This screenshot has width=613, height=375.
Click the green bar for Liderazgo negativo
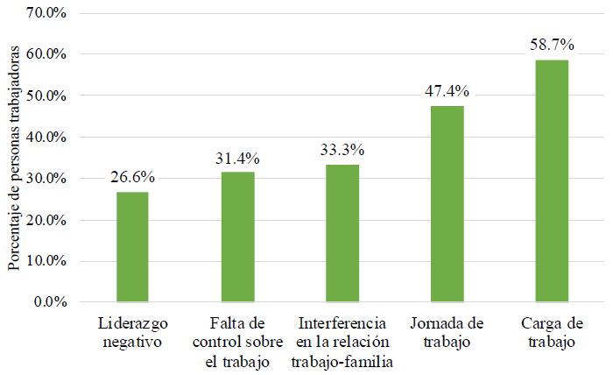(x=132, y=247)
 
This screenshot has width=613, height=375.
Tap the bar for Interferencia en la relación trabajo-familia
(x=342, y=233)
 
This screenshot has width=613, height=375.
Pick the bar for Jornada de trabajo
(x=447, y=204)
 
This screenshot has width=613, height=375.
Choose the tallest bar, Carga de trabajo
(x=552, y=180)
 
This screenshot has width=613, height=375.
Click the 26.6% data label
(x=132, y=178)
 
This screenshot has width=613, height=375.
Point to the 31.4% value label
(x=237, y=159)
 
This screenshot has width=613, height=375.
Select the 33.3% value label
(x=342, y=150)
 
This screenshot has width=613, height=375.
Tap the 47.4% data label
(x=447, y=91)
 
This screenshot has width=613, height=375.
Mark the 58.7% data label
(x=552, y=44)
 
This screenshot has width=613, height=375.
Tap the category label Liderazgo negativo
(x=132, y=331)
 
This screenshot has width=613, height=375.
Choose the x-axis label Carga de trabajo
(x=552, y=331)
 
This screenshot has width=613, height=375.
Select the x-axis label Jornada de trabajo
(x=447, y=331)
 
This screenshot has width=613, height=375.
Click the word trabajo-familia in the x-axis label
(x=342, y=361)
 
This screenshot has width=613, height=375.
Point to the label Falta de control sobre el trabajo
(x=237, y=341)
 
